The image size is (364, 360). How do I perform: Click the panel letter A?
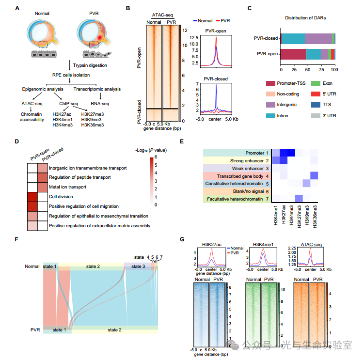pyautogui.click(x=17, y=8)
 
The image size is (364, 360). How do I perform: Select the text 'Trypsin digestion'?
pyautogui.click(x=91, y=65)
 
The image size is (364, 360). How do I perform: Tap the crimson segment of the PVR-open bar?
pyautogui.click(x=293, y=54)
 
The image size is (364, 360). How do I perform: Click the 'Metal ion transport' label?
pyautogui.click(x=68, y=187)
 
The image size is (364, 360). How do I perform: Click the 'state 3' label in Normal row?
pyautogui.click(x=138, y=266)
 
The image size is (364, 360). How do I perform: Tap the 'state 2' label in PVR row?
pyautogui.click(x=115, y=329)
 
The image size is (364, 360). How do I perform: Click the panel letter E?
pyautogui.click(x=181, y=142)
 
